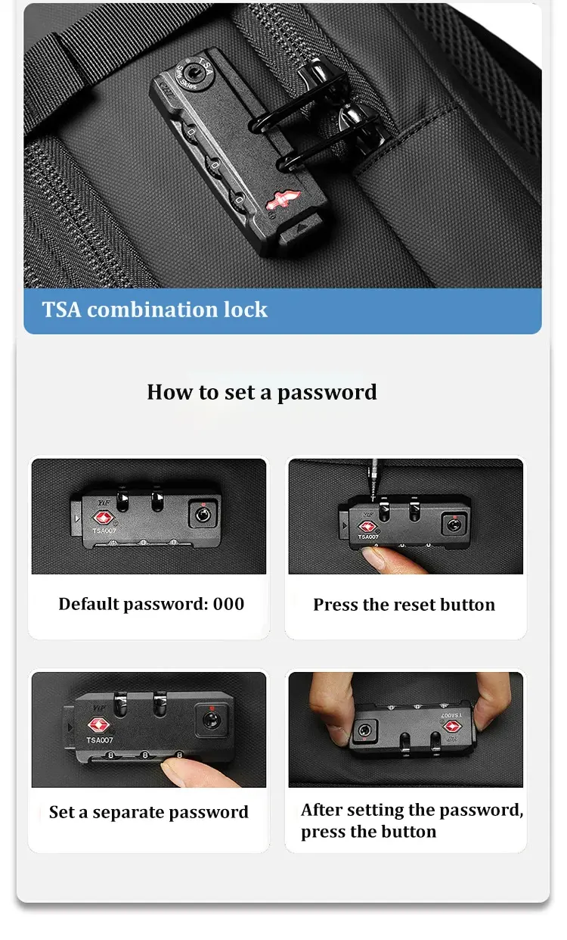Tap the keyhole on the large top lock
(x=194, y=73)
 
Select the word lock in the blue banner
(x=245, y=310)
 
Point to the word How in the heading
(x=170, y=392)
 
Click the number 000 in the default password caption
(x=228, y=604)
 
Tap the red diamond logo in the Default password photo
(x=103, y=518)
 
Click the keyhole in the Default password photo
(x=203, y=514)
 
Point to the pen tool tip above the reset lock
(x=373, y=500)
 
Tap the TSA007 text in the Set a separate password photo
(x=100, y=740)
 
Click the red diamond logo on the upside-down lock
(x=453, y=727)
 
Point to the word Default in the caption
(x=89, y=604)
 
